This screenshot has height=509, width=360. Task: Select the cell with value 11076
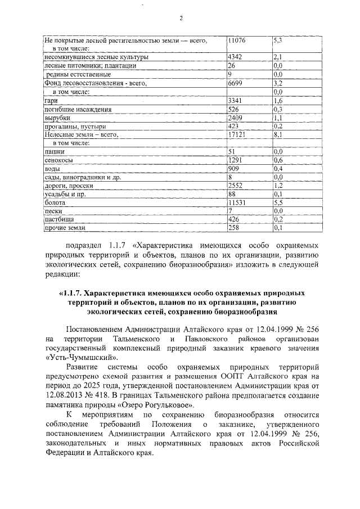click(237, 41)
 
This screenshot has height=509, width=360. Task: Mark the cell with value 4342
click(235, 58)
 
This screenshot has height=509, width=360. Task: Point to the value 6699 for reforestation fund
click(235, 84)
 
